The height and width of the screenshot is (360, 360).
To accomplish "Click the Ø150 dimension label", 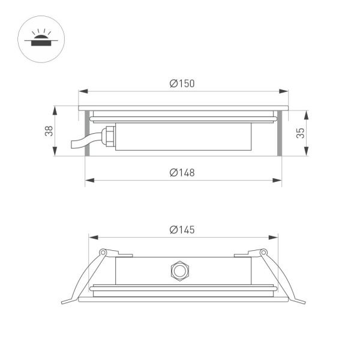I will [x=182, y=84].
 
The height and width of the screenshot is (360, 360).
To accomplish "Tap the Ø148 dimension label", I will [x=182, y=173].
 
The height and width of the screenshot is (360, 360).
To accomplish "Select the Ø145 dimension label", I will [x=182, y=230].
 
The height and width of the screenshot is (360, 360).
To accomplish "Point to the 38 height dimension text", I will [x=49, y=131].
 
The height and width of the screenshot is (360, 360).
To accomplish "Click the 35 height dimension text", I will [x=301, y=133].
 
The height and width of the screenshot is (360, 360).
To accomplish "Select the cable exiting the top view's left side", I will [x=80, y=143].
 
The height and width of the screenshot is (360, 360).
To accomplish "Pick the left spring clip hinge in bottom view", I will [x=103, y=252].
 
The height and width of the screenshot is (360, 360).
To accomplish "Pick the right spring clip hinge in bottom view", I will [x=262, y=252].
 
